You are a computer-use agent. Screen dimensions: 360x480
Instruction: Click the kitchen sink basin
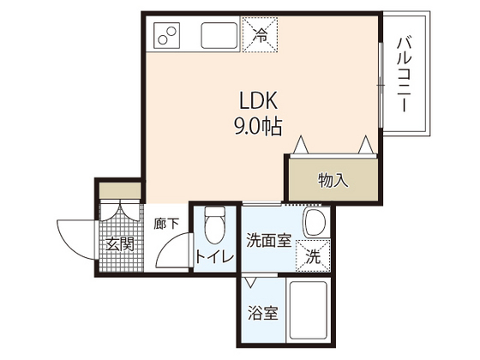[220, 36]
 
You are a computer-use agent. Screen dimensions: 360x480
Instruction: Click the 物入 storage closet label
[333, 180]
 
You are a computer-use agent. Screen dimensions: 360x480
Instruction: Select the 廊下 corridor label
[167, 225]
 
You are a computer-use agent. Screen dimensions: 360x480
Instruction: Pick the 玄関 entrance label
[120, 244]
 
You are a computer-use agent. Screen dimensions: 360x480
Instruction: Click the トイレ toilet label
[211, 256]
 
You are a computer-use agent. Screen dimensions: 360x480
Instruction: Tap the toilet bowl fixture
[214, 225]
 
